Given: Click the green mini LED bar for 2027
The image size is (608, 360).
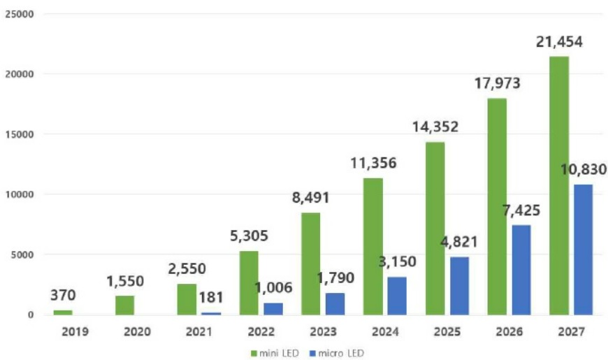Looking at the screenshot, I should (x=558, y=185).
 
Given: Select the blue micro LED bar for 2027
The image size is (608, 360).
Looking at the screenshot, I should (x=583, y=250).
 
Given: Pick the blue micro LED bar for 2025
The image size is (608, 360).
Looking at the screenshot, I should (x=459, y=285).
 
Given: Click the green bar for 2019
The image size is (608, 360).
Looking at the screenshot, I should (x=63, y=312).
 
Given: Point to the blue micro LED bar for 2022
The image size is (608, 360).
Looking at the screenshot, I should (x=273, y=308).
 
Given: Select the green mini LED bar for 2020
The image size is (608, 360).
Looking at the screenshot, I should (x=125, y=305).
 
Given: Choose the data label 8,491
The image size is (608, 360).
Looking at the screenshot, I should (x=310, y=197).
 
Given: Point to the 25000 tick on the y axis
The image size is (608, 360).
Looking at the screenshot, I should (x=20, y=14).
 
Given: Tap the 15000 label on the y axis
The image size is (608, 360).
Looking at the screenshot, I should (x=20, y=134).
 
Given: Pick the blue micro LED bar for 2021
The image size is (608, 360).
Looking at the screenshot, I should (x=211, y=312).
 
